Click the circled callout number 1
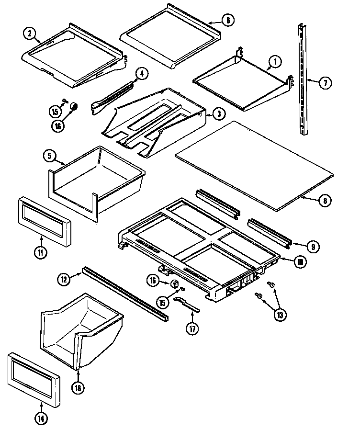click(275, 62)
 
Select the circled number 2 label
click(30, 33)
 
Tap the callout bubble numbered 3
click(218, 113)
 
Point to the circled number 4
click(142, 73)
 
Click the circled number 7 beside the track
click(325, 83)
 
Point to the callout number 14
click(42, 418)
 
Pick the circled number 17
click(192, 330)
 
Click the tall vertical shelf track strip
click(302, 79)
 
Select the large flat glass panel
click(254, 165)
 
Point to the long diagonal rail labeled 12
click(124, 294)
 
